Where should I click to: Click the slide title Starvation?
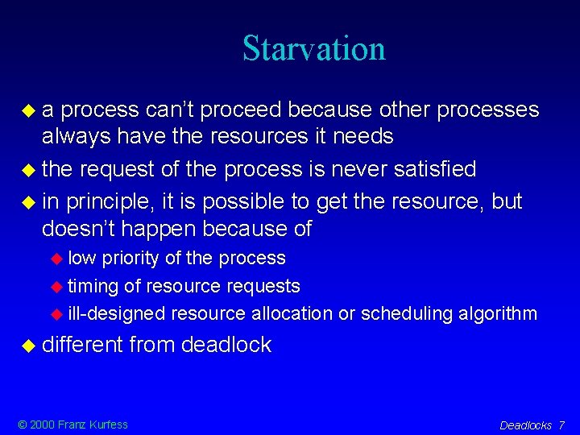314,48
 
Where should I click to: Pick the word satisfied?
436,169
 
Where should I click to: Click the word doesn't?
77,229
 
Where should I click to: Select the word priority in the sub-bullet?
130,259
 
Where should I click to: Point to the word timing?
93,286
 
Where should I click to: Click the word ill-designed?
116,313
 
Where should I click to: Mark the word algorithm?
495,313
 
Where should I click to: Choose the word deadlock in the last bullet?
226,346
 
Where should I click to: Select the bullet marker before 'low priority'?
56,259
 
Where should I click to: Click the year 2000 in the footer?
44,425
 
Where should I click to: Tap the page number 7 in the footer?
561,425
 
